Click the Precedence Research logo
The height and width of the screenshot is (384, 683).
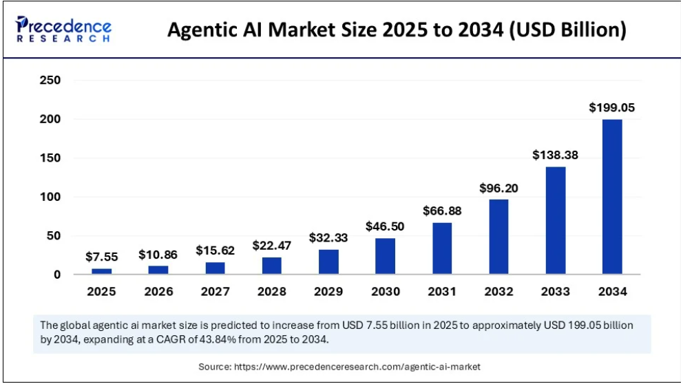(x=63, y=30)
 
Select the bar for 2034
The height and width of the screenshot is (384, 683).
(x=612, y=197)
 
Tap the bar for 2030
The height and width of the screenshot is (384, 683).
(x=385, y=256)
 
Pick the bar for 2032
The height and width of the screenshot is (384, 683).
(x=498, y=237)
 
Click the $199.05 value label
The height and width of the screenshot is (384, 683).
(x=611, y=108)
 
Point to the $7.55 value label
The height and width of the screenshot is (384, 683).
(x=102, y=257)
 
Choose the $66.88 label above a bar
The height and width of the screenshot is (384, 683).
(x=441, y=211)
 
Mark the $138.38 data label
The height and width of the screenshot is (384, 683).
(x=555, y=156)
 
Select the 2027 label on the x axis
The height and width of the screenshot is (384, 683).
(x=215, y=292)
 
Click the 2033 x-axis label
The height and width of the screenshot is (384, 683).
(x=555, y=292)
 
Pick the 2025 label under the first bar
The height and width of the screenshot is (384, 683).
(x=101, y=292)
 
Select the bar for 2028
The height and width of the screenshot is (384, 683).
(x=271, y=266)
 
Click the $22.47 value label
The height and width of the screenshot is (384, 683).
(x=272, y=246)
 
